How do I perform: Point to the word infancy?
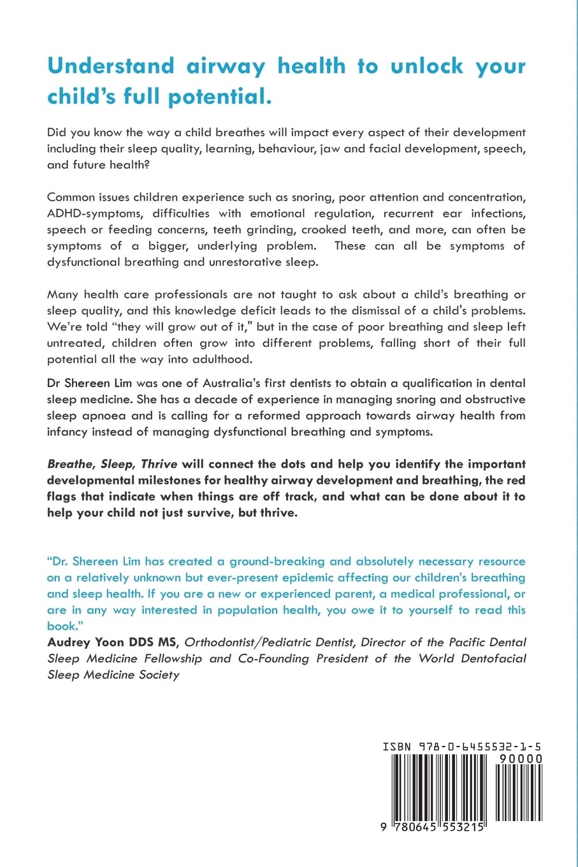(71, 431)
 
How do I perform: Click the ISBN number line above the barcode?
(462, 745)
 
